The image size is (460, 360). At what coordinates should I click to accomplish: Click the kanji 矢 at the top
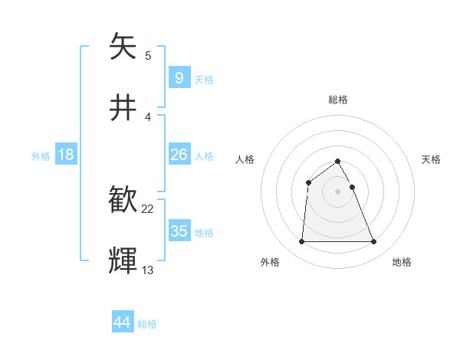pos(123,47)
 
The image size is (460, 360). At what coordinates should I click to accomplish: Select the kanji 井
pos(123,108)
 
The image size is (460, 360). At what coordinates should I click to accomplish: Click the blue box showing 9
pos(179,77)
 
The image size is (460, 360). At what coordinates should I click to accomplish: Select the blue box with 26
pos(179,155)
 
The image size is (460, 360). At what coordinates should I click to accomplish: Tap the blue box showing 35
pos(179,231)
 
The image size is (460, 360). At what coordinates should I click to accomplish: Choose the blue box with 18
pos(65,155)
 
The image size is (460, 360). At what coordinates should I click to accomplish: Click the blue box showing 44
pos(122,322)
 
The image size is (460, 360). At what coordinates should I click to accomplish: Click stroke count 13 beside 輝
pos(148,270)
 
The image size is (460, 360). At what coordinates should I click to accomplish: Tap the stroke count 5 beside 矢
pos(148,55)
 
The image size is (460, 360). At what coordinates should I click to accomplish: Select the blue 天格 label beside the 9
pos(204,79)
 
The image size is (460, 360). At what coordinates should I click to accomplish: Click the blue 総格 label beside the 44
pos(147,324)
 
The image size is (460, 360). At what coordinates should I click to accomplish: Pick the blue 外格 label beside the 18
pos(41,156)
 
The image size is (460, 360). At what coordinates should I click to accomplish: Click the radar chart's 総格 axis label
pos(337,100)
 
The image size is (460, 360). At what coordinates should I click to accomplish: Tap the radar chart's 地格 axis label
pos(402,262)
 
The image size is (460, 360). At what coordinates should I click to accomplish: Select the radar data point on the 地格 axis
pos(374,242)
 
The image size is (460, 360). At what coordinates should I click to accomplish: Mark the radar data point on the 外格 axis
pos(301,242)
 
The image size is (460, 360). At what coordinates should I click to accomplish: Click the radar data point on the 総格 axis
pos(337,161)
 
